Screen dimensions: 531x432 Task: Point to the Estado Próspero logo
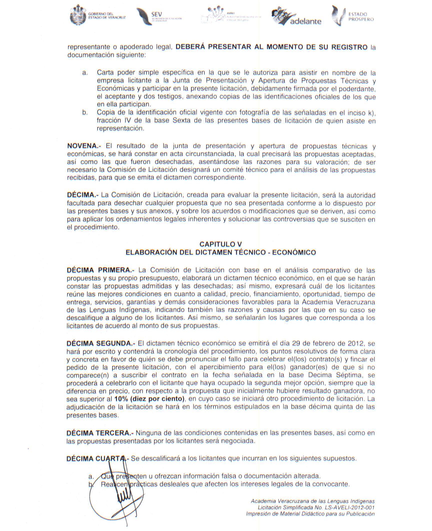(x=353, y=16)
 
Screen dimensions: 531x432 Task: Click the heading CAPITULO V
(x=220, y=244)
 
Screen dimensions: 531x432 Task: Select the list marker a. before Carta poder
(x=85, y=73)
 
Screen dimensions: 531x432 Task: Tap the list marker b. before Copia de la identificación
(x=85, y=113)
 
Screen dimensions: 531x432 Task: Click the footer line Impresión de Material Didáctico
(x=310, y=514)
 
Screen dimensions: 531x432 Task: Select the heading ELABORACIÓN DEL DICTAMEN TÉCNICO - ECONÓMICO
(x=220, y=252)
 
